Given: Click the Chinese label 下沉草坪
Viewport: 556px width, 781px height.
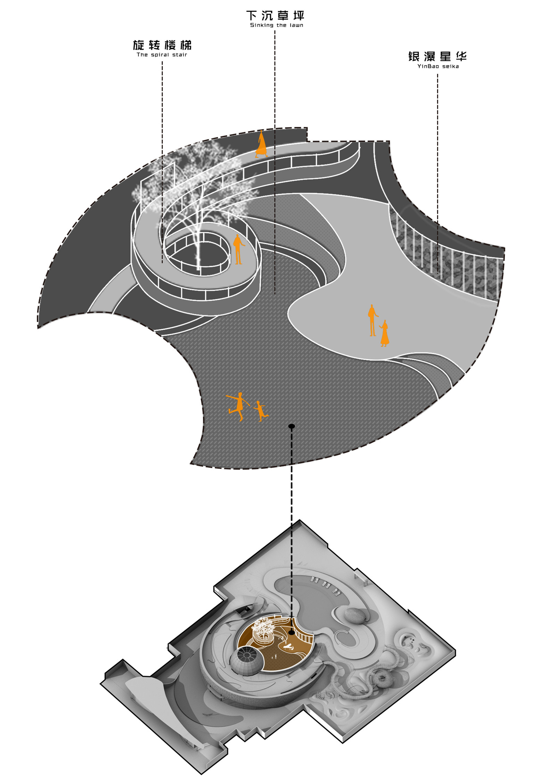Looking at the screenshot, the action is coord(275,15).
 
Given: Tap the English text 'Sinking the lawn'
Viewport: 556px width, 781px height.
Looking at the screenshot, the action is coord(277,25).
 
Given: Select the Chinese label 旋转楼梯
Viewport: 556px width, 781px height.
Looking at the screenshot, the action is coord(162,45).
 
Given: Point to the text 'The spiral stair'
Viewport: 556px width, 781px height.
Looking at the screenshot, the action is coord(162,55).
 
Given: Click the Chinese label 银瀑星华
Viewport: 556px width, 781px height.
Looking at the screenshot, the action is coord(437,56).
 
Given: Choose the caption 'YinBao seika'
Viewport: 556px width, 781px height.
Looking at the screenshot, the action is coord(438,66).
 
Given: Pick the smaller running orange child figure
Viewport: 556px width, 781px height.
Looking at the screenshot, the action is coord(260,411).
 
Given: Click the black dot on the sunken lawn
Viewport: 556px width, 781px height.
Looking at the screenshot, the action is coord(292,426).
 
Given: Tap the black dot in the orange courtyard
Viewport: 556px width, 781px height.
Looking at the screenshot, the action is coord(292,633).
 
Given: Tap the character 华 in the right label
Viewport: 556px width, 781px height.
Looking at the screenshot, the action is coord(461,56).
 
